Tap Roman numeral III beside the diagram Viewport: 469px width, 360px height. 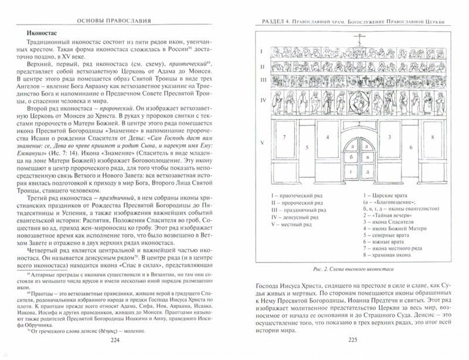pyautogui.click(x=263, y=79)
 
